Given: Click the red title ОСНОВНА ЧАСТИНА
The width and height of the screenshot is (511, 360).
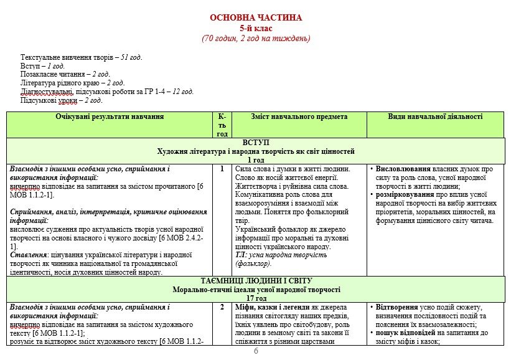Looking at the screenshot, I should point(256,17).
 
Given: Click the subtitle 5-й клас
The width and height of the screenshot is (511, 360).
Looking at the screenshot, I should point(256,28).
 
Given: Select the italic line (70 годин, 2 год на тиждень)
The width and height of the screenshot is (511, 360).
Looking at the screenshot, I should point(256,39).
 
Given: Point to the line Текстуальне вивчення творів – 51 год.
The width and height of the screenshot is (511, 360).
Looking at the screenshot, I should point(81,57).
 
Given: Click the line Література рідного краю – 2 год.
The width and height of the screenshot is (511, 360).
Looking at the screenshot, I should point(72,83).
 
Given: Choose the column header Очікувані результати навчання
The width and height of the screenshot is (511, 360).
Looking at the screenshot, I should point(110,116).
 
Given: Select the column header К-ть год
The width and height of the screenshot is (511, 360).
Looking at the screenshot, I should point(222,125).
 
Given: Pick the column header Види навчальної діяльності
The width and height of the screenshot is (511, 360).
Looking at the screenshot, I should point(435,116).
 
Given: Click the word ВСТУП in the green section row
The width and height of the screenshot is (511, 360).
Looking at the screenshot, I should point(256,143).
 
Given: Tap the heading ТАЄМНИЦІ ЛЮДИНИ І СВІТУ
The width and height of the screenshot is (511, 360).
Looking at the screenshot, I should point(256,281).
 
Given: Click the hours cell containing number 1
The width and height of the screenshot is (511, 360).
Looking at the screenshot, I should point(222,169).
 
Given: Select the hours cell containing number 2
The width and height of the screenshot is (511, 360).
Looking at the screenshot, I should point(222,307).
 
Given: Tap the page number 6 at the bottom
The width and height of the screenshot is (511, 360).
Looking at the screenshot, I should point(255,351).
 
